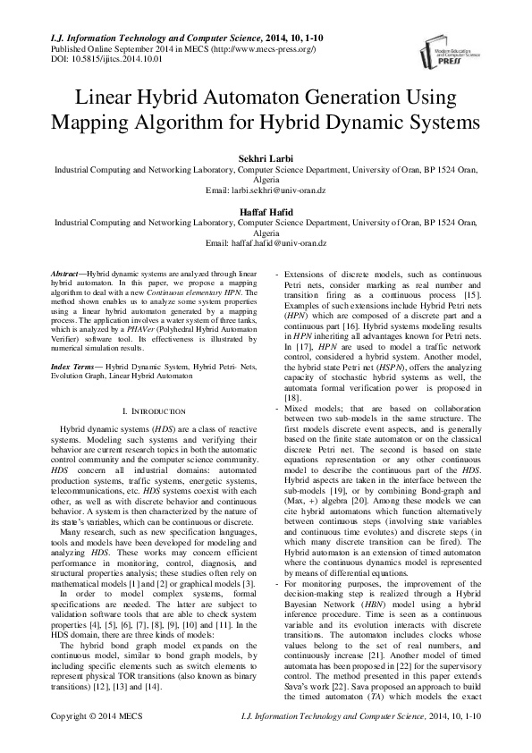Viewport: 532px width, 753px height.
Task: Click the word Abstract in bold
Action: (67, 271)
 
